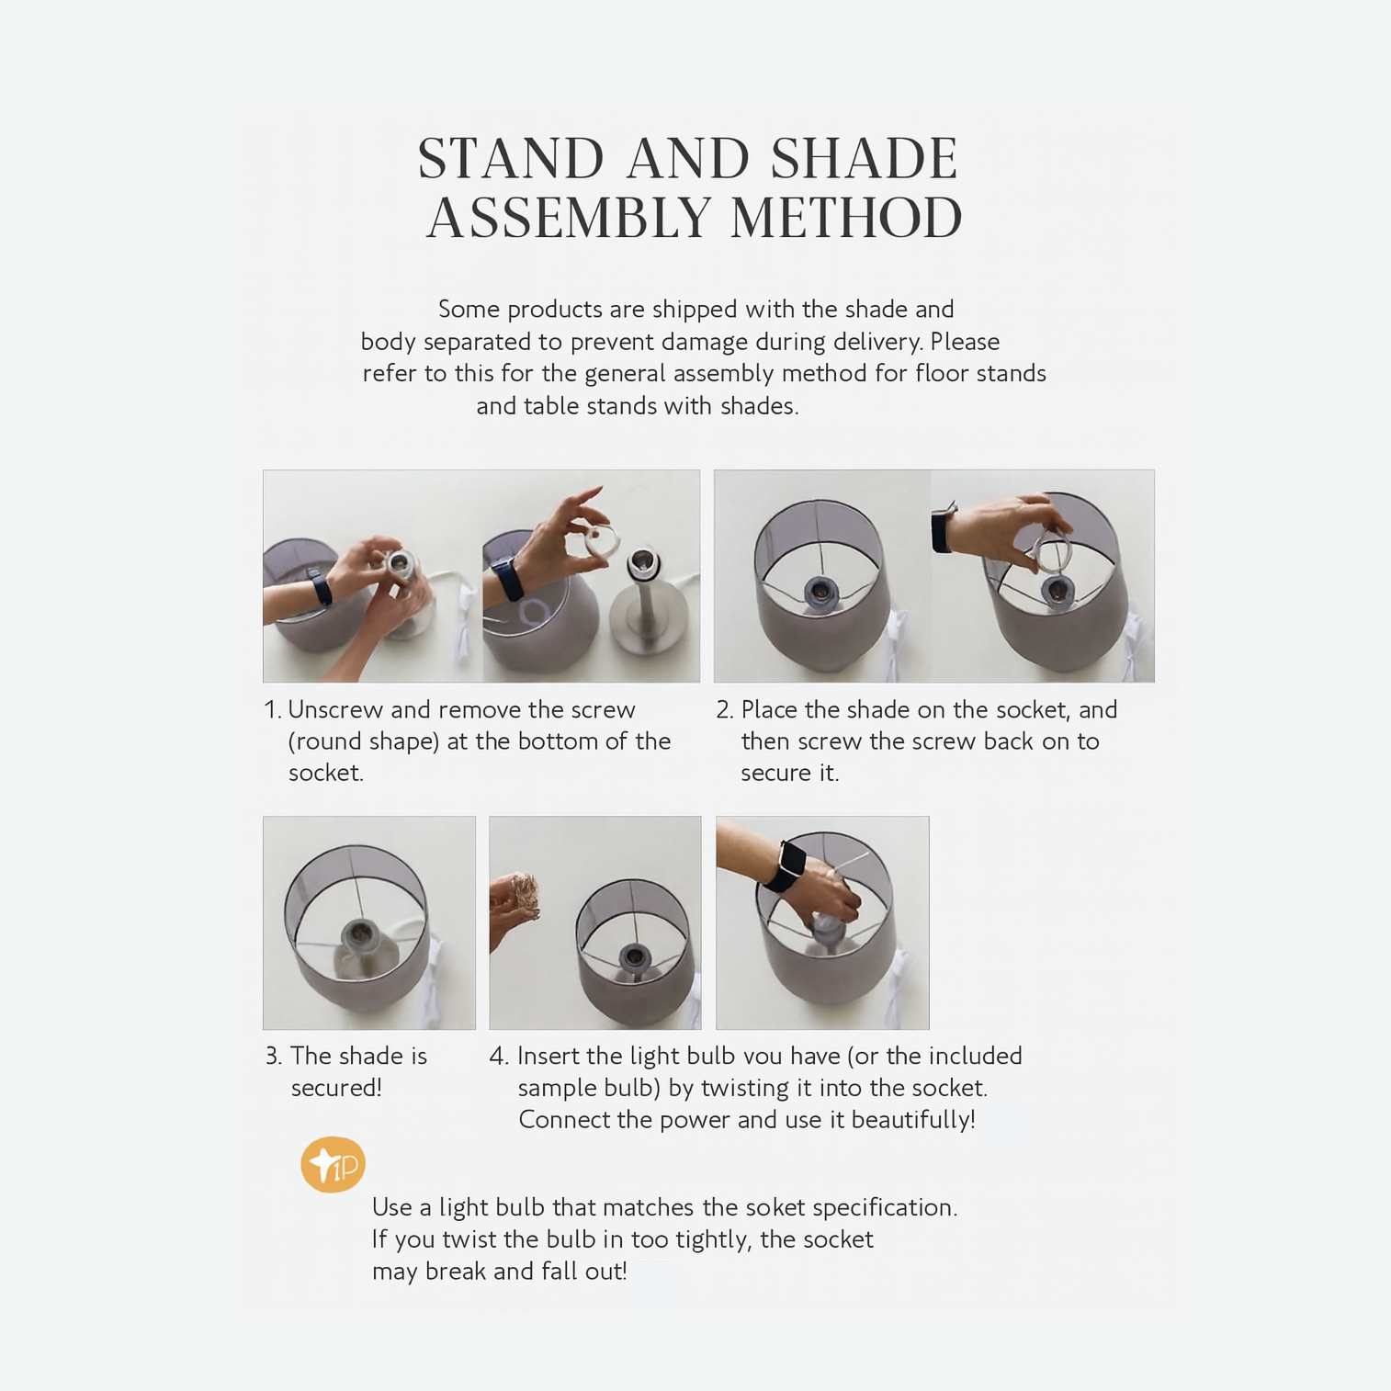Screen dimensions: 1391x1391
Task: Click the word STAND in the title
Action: [511, 158]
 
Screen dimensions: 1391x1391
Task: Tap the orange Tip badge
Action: [333, 1164]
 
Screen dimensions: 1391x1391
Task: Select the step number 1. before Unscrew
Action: [272, 710]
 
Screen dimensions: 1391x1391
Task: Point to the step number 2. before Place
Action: [725, 710]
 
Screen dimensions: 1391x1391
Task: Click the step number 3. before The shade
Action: [273, 1057]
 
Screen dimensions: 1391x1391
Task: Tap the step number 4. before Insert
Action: [499, 1057]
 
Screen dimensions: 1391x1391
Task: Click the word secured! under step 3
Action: [336, 1088]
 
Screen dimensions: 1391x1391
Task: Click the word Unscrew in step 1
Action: [335, 710]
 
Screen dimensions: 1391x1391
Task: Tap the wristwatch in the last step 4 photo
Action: [784, 865]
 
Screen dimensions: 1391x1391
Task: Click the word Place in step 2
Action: [769, 710]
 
